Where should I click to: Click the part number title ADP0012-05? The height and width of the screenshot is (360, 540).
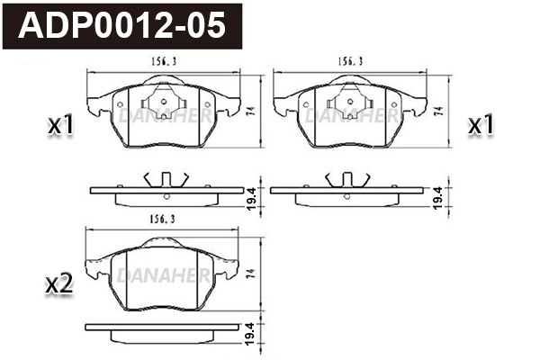pos(121,26)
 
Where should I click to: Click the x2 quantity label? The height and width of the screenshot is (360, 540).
pos(59,285)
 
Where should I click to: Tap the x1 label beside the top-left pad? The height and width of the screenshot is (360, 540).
pos(61,125)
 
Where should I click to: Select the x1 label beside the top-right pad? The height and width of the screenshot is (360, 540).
pos(481,125)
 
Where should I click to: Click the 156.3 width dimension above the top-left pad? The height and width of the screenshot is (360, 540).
pos(164,62)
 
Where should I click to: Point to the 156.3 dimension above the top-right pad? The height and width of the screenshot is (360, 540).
pos(350,62)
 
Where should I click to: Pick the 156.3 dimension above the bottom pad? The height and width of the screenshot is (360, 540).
pos(162,219)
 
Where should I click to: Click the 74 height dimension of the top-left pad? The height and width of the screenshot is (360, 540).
pos(252,111)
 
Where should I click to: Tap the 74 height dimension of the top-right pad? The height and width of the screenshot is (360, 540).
pos(438,111)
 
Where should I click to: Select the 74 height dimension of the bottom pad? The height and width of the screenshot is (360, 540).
pos(252,274)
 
